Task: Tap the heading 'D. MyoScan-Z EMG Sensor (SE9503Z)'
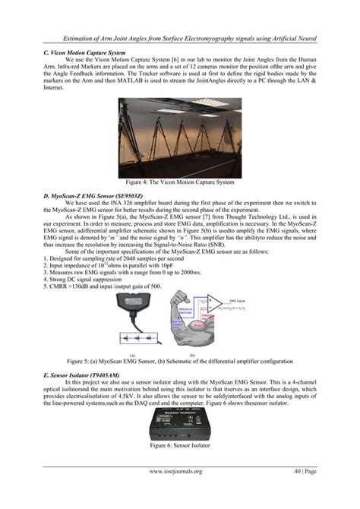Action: click(x=92, y=196)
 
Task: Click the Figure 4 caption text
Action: click(x=179, y=182)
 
